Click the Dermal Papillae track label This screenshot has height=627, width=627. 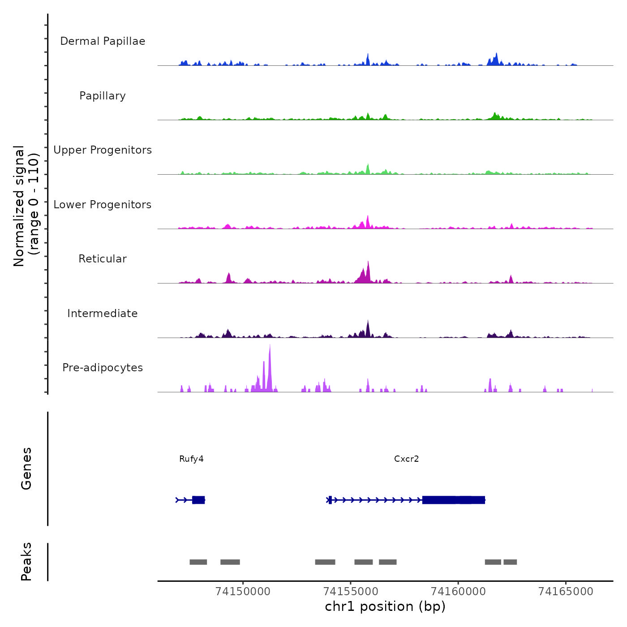pyautogui.click(x=103, y=41)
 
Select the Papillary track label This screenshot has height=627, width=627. pyautogui.click(x=103, y=96)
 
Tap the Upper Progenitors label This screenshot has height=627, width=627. pyautogui.click(x=103, y=150)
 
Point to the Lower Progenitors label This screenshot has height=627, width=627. pyautogui.click(x=103, y=205)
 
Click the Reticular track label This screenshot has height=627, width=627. pyautogui.click(x=103, y=259)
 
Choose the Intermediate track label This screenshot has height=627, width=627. pyautogui.click(x=103, y=313)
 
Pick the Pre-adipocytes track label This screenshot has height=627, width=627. pyautogui.click(x=103, y=368)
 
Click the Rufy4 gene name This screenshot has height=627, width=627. pyautogui.click(x=191, y=459)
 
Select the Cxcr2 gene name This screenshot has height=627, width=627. pyautogui.click(x=406, y=459)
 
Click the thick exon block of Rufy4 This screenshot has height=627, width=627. pyautogui.click(x=198, y=500)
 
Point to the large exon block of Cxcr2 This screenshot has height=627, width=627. pyautogui.click(x=453, y=500)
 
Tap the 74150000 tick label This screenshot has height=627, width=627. pyautogui.click(x=243, y=592)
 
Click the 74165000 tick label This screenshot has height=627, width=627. pyautogui.click(x=566, y=592)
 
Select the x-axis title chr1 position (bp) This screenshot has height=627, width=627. pyautogui.click(x=385, y=607)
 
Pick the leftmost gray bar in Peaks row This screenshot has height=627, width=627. pyautogui.click(x=198, y=562)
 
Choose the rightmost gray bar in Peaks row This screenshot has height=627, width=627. pyautogui.click(x=510, y=562)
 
